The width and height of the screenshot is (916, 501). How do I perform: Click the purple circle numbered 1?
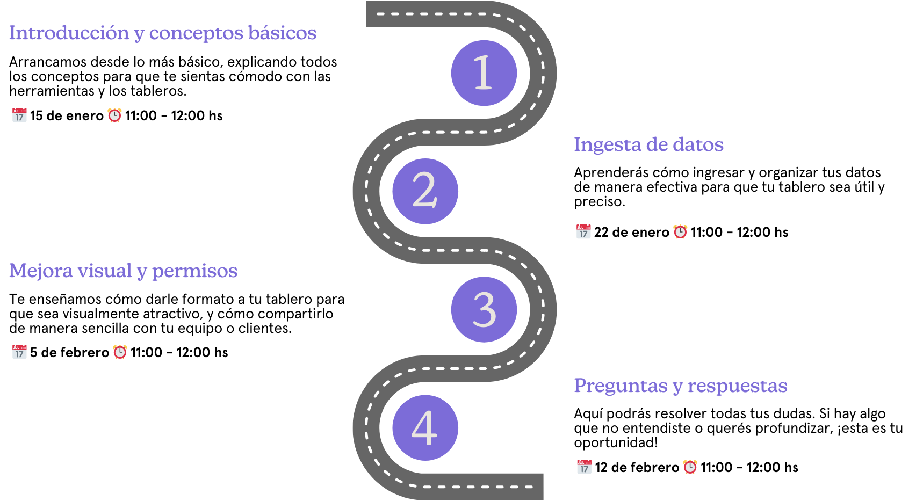(484, 73)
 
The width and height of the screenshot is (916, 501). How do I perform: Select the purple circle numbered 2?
(425, 191)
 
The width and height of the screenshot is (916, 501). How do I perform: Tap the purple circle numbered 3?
(484, 309)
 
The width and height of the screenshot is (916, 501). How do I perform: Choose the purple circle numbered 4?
(425, 427)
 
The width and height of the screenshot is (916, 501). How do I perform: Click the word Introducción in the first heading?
(69, 33)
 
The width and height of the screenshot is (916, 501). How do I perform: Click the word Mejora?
(40, 271)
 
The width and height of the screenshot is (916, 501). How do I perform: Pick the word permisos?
(194, 271)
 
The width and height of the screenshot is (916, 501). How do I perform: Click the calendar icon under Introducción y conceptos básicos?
(19, 115)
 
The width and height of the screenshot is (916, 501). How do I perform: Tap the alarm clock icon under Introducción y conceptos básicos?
(114, 115)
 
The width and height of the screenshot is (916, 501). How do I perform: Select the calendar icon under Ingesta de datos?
(583, 231)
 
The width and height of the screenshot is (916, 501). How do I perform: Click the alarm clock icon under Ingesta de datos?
(680, 231)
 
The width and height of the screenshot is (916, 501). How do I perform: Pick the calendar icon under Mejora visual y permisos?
(19, 352)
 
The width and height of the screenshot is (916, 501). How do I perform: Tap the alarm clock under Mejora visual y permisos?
(120, 352)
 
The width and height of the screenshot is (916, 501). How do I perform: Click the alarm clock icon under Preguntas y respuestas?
(690, 467)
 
